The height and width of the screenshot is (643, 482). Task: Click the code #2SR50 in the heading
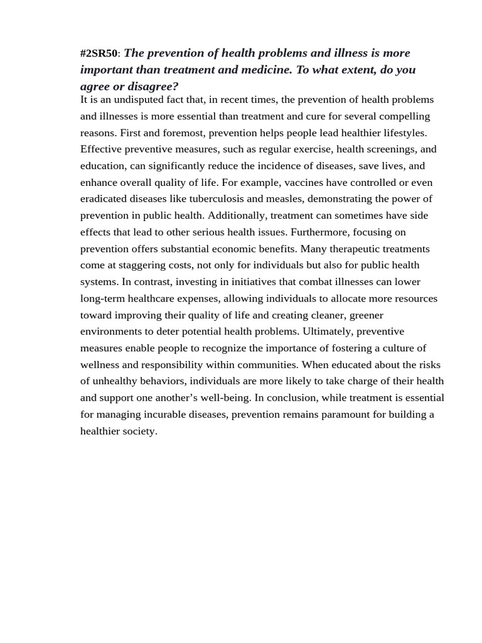(x=99, y=54)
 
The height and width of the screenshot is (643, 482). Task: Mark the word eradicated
(x=104, y=199)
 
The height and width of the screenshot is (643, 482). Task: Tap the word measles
(x=284, y=199)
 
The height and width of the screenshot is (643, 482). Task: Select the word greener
(x=366, y=315)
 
